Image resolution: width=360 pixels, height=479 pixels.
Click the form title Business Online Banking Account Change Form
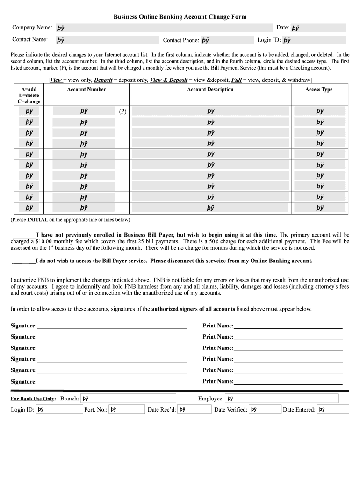[x=180, y=17]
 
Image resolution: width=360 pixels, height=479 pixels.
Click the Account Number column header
[x=86, y=90]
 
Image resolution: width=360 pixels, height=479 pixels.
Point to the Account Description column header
[x=210, y=90]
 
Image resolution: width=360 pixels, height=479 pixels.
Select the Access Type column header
[x=319, y=90]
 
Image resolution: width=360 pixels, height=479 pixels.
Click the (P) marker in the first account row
[x=122, y=112]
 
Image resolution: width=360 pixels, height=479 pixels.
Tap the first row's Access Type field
[x=320, y=111]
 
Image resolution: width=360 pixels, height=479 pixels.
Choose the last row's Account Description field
[x=210, y=208]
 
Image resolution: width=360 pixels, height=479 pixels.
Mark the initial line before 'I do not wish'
[x=23, y=261]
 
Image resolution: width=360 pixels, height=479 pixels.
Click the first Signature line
[x=112, y=326]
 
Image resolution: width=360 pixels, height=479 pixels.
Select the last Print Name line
[x=288, y=382]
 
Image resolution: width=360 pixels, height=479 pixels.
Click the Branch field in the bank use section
[x=128, y=399]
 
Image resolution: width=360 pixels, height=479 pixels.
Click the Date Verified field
[x=264, y=410]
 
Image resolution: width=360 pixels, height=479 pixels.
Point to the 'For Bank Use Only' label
[x=33, y=399]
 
